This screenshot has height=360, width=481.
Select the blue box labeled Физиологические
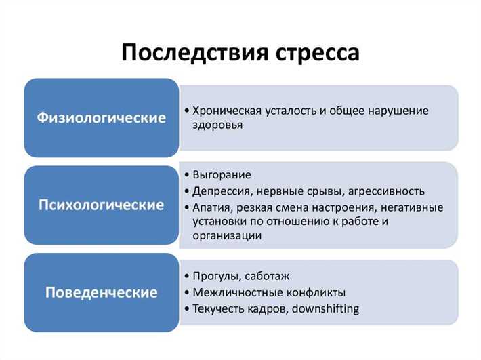click(x=101, y=118)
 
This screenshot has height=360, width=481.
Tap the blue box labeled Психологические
click(x=101, y=205)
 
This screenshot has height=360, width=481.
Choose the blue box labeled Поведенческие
click(x=101, y=293)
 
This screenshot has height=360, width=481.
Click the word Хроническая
click(x=224, y=111)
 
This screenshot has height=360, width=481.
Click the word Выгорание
click(x=222, y=175)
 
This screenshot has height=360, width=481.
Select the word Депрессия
click(x=221, y=191)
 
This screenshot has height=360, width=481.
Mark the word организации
click(x=227, y=235)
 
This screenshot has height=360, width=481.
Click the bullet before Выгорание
click(x=187, y=175)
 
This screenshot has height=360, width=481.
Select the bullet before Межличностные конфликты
click(x=187, y=292)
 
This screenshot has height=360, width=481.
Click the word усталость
click(x=287, y=111)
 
